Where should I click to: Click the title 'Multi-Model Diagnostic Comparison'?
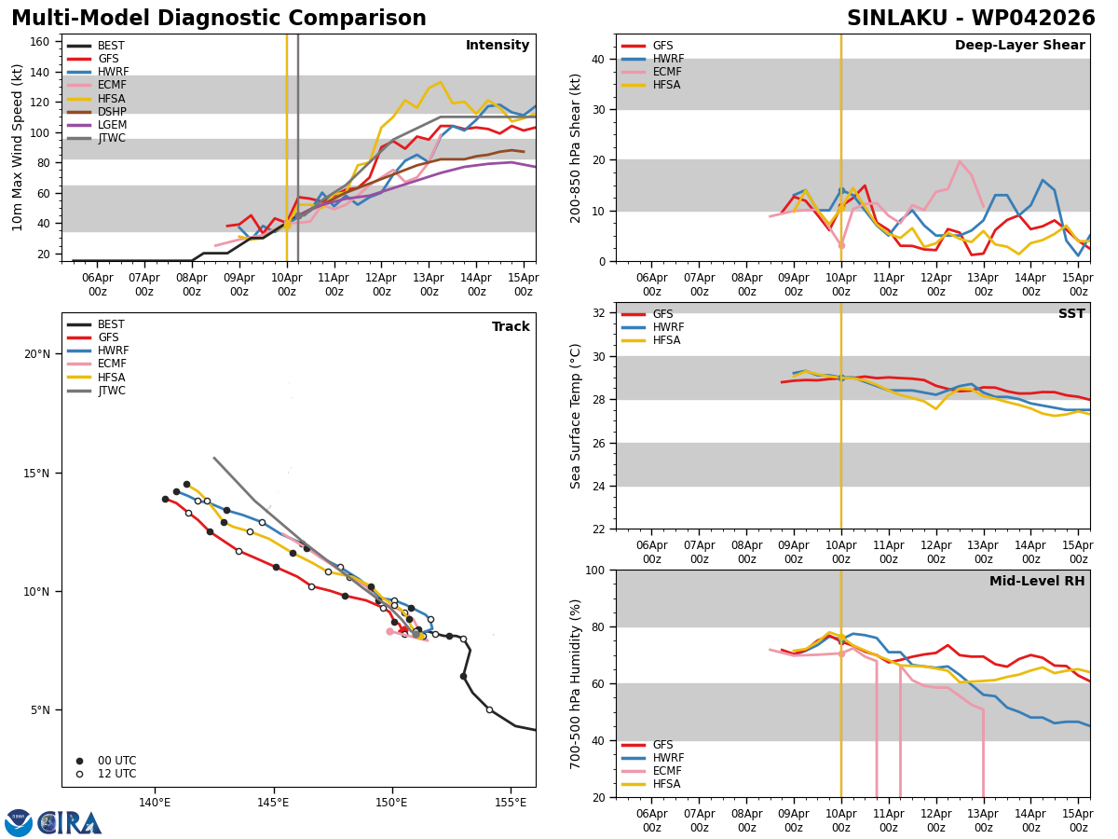[x=218, y=19]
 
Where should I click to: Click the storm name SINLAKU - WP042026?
[x=970, y=19]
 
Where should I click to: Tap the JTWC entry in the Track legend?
[x=111, y=391]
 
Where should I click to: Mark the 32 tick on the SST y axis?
[x=600, y=313]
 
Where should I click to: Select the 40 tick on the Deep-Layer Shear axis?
[x=600, y=59]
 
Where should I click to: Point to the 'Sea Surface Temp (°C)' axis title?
[x=576, y=416]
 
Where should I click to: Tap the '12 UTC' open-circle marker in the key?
[x=80, y=774]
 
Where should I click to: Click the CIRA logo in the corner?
[x=53, y=822]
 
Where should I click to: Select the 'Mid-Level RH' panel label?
[x=1037, y=582]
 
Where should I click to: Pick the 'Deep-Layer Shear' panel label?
[x=1019, y=46]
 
